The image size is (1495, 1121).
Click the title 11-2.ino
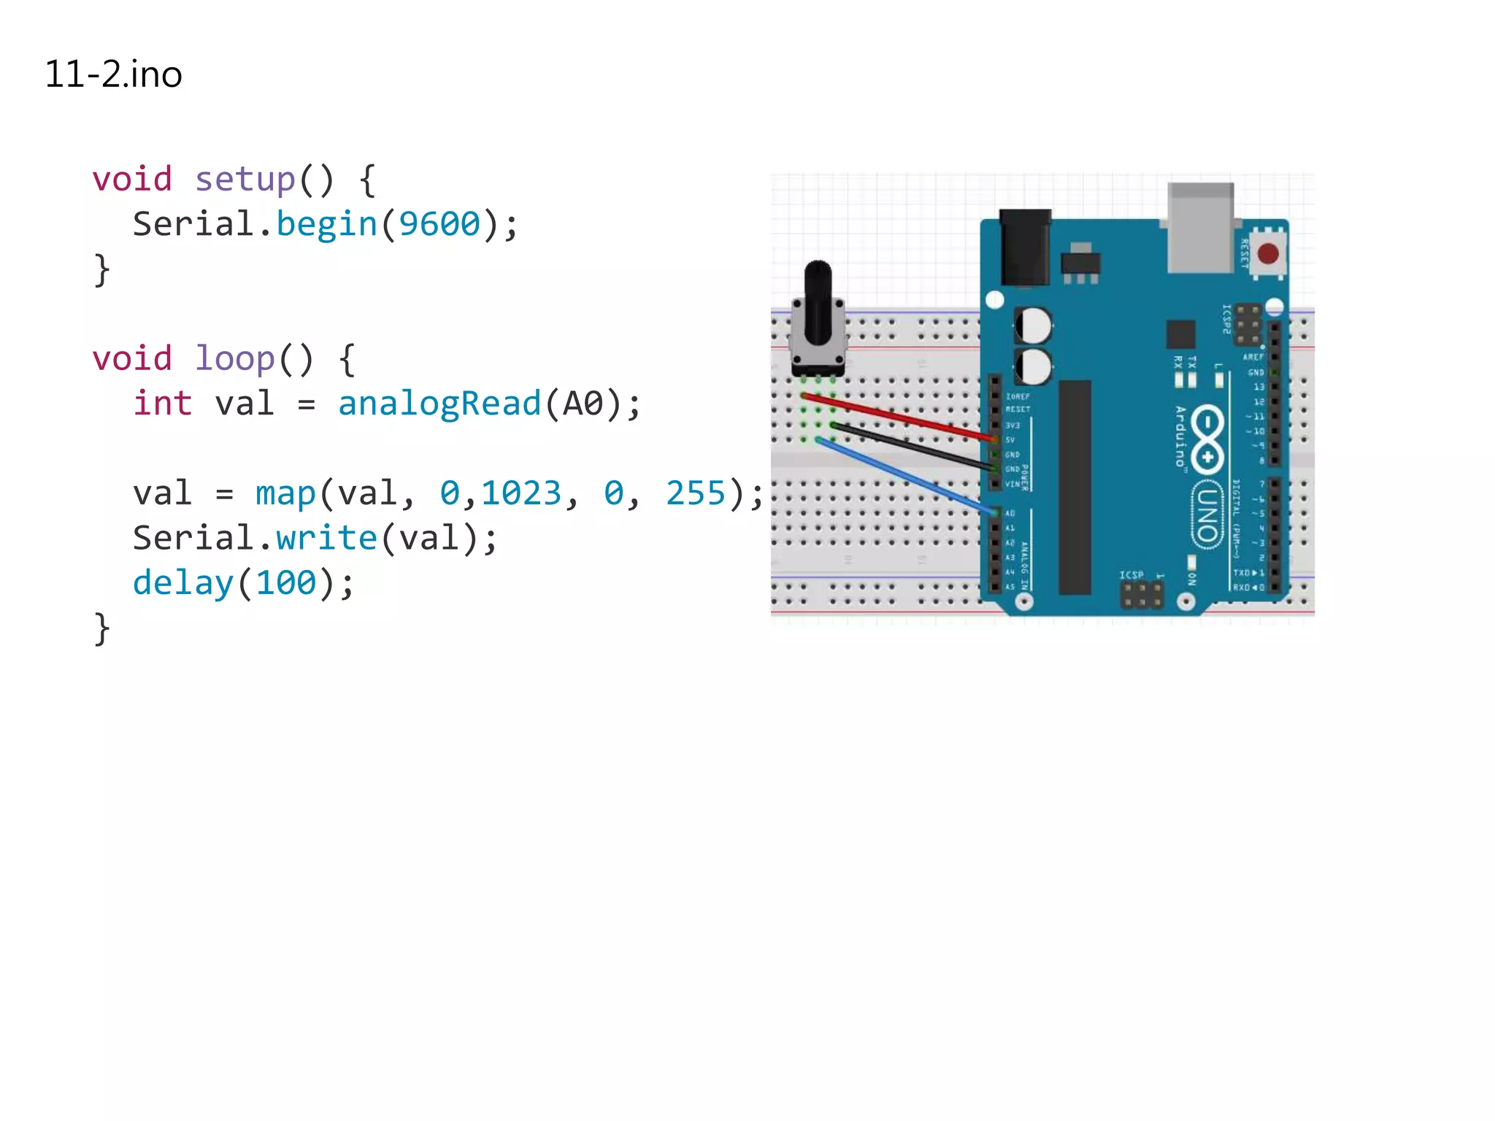coord(113,74)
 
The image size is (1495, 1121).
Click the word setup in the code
coord(245,180)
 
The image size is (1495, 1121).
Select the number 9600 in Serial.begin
coord(439,224)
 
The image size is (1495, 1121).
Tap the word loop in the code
coord(234,359)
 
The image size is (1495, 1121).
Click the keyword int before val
coord(162,404)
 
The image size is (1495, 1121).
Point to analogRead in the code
coord(439,404)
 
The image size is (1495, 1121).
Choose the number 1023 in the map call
coord(520,493)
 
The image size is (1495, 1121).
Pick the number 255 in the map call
coord(695,493)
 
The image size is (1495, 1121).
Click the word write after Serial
coord(326,539)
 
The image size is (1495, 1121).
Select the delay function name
coord(182,583)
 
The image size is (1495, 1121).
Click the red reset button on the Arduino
coord(1268,254)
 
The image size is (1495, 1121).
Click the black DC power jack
coord(1025,248)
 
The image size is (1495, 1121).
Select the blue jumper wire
coord(905,475)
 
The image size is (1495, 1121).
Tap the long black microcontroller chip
coord(1075,487)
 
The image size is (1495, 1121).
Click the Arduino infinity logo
coord(1207,438)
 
